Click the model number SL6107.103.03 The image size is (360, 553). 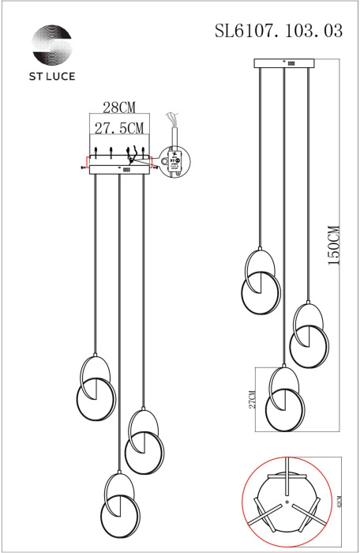point(279,32)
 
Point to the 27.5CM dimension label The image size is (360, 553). point(118,128)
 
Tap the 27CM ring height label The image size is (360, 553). point(252,399)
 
